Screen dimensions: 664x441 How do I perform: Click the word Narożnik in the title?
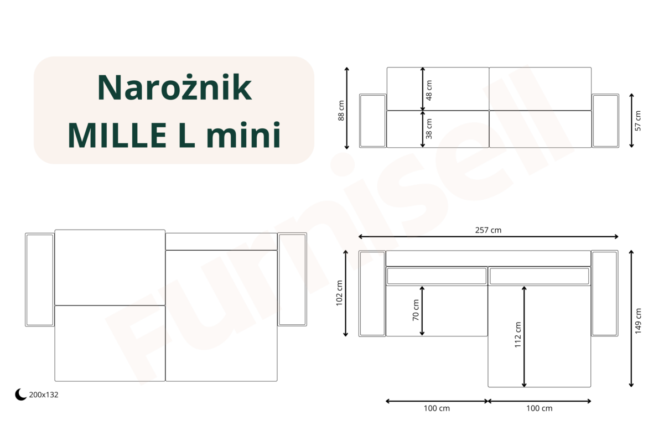point(174,88)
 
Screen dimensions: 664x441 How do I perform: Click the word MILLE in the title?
point(117,135)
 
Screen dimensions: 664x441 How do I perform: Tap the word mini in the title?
point(243,134)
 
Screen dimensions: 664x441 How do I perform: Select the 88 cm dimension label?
point(341,111)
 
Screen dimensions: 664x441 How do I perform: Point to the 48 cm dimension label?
point(429,90)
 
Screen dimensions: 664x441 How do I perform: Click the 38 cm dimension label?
point(429,128)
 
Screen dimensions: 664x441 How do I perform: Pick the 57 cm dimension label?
point(638,121)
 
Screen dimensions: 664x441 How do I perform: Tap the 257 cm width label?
point(488,230)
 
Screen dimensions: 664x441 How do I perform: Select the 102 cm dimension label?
point(339,293)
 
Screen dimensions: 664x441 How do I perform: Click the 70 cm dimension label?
point(416,310)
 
